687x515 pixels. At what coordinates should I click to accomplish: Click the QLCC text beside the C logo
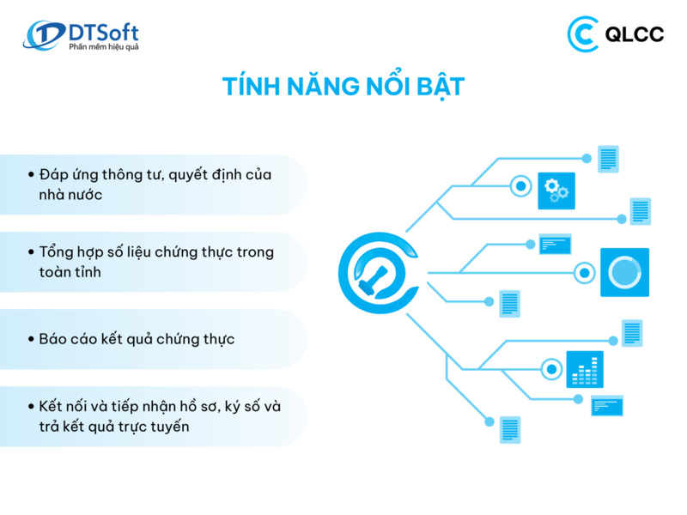click(x=635, y=34)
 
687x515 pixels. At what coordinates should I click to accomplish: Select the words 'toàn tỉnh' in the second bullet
click(x=76, y=271)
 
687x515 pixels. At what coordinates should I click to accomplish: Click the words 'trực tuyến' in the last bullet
click(x=150, y=427)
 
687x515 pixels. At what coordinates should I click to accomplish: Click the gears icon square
click(x=556, y=191)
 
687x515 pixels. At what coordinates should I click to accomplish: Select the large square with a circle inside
click(x=624, y=272)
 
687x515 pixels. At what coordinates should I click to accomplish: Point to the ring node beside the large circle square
click(x=585, y=273)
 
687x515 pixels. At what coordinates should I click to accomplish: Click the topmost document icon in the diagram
click(x=608, y=159)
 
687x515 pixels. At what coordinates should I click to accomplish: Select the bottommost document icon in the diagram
click(x=510, y=429)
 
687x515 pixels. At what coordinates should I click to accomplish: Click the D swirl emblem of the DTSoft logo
click(x=43, y=36)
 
